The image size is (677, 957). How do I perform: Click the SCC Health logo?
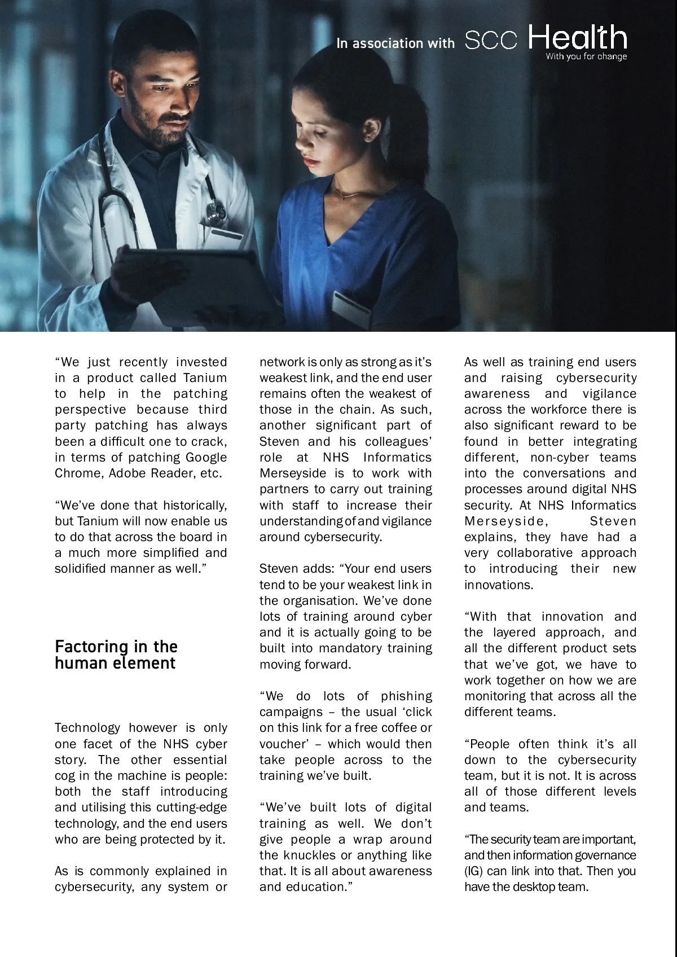(546, 39)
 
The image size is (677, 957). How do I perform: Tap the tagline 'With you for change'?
(586, 56)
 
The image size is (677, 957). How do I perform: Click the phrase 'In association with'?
(395, 43)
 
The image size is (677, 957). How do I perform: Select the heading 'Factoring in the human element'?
(116, 655)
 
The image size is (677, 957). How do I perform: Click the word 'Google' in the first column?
(206, 457)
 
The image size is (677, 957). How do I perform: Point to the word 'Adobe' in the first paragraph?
(127, 473)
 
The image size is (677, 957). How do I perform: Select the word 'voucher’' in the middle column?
(286, 744)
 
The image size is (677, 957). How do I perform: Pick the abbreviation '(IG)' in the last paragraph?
(474, 871)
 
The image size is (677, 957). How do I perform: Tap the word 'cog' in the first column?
(65, 775)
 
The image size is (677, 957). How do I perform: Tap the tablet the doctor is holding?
(186, 282)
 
